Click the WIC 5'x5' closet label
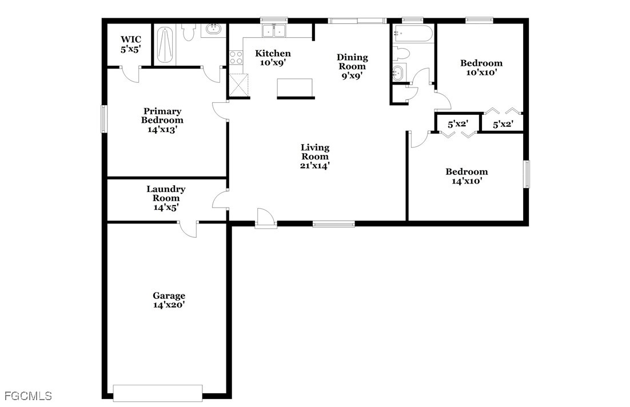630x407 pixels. click(x=131, y=45)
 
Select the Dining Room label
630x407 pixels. click(x=352, y=66)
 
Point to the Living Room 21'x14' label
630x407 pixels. click(x=315, y=156)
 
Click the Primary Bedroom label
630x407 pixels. click(x=162, y=120)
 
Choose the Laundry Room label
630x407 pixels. click(x=166, y=198)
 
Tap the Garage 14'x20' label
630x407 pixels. click(x=169, y=300)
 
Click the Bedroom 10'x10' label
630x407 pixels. click(x=481, y=67)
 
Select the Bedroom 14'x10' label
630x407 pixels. click(x=467, y=176)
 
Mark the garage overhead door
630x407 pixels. click(x=158, y=393)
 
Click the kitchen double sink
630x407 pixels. click(x=274, y=31)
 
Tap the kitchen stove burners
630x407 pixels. click(x=236, y=58)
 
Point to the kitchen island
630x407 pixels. click(x=295, y=89)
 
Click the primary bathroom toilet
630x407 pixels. click(x=188, y=32)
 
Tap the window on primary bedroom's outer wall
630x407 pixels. click(x=103, y=119)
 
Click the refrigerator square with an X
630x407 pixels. click(x=238, y=85)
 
